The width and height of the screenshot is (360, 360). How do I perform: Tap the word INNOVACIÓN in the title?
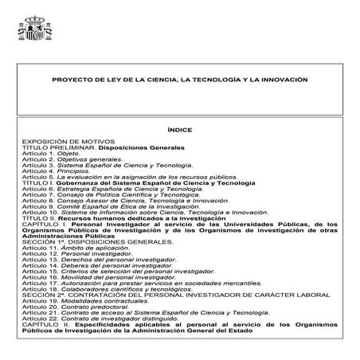click(280, 80)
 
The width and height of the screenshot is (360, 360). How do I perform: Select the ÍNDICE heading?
click(180, 129)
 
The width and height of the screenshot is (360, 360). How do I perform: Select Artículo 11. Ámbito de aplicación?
click(71, 248)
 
